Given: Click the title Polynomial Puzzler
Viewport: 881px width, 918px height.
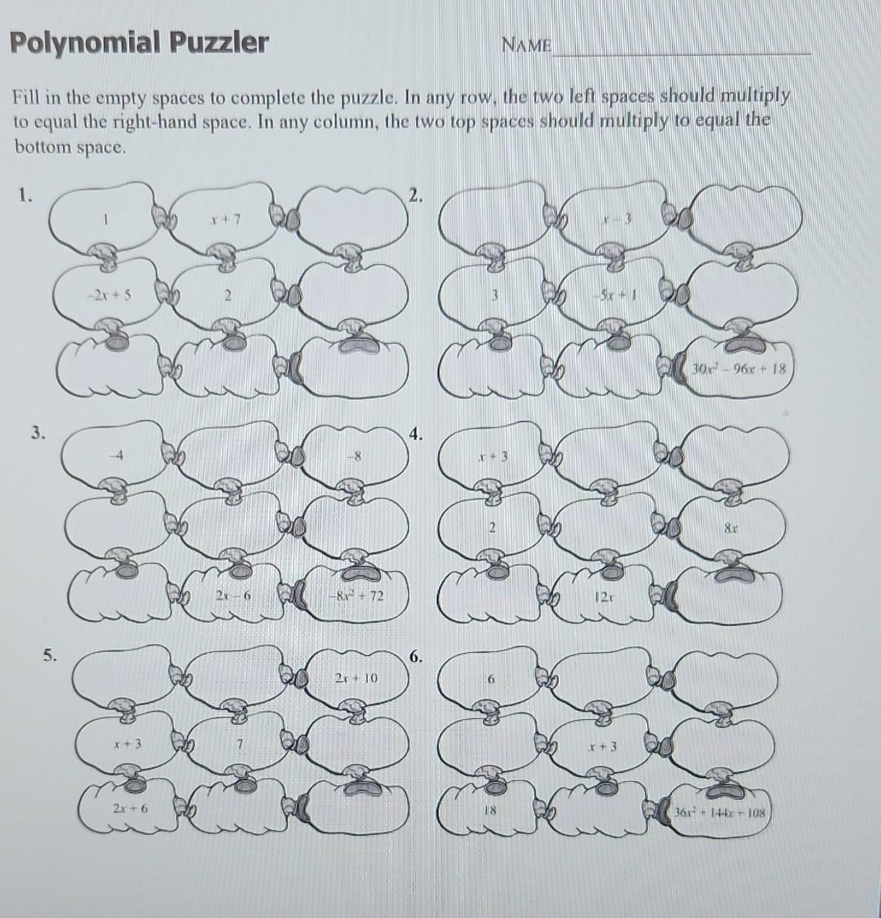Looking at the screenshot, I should tap(139, 42).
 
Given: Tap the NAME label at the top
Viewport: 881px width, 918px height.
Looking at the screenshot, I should tap(527, 44).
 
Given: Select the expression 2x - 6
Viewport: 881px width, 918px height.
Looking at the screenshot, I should tap(232, 597).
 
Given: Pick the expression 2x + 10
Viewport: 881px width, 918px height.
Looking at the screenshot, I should tap(356, 677).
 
